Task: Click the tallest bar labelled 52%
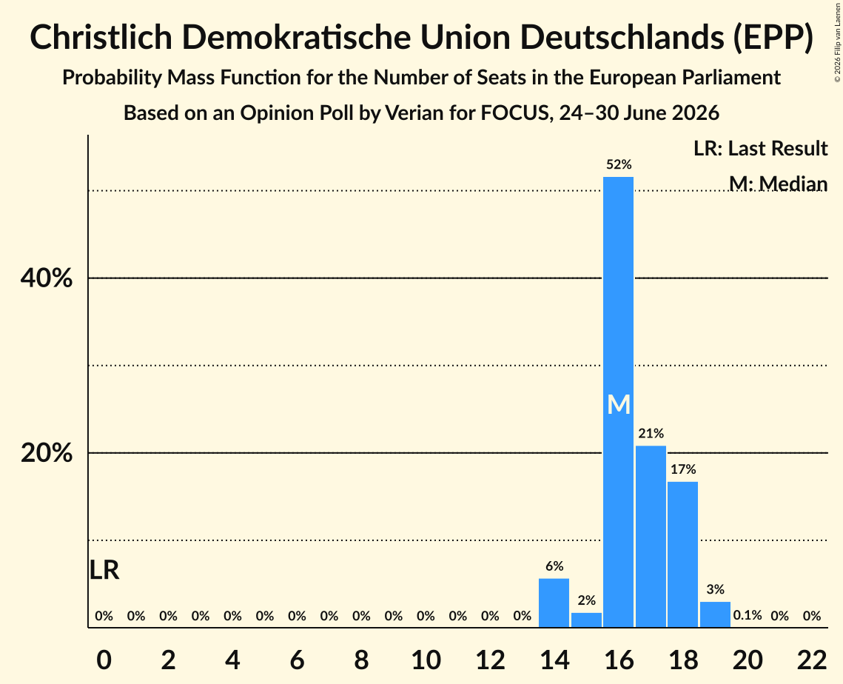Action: click(618, 402)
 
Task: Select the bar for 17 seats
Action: click(651, 536)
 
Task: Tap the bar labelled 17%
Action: click(683, 554)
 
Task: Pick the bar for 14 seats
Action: click(554, 603)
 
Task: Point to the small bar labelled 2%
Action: click(586, 620)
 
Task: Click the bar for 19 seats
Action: click(715, 614)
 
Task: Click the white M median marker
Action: click(619, 404)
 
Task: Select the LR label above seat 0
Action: click(104, 570)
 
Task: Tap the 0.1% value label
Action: click(748, 615)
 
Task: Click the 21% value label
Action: click(651, 433)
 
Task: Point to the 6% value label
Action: click(554, 566)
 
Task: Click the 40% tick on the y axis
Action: click(46, 278)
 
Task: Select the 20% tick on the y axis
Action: click(46, 453)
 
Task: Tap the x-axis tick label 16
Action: click(619, 660)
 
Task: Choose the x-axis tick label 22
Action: click(812, 660)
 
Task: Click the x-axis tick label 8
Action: click(361, 660)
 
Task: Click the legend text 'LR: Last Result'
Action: click(760, 148)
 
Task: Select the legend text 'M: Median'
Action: click(778, 184)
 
